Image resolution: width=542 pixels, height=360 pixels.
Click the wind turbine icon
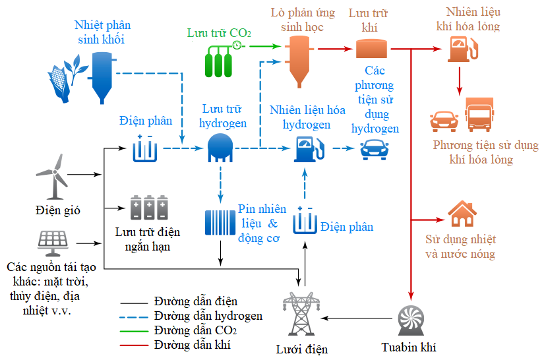tap(53, 176)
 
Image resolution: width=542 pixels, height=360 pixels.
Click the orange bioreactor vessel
tap(299, 61)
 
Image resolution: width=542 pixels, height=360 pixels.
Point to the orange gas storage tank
tap(371, 49)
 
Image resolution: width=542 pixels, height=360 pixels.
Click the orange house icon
tap(462, 214)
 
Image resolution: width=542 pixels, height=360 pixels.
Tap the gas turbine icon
tap(411, 320)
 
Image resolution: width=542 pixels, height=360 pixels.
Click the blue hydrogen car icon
tap(375, 150)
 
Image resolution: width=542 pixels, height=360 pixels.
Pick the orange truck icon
tap(479, 115)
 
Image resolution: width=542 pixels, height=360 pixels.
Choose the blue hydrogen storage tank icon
tap(220, 148)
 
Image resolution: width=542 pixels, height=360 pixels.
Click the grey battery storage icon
tap(149, 208)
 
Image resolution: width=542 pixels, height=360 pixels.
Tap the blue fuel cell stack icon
tap(220, 223)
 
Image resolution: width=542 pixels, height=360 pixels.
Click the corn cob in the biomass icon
tap(59, 84)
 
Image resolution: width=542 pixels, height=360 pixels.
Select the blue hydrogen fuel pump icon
tap(309, 149)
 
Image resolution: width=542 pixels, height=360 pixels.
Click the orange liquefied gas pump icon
tap(463, 49)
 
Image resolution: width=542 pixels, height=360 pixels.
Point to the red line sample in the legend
tap(134, 345)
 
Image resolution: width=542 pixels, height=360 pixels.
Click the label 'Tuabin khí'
tap(409, 347)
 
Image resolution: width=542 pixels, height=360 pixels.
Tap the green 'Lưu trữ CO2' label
tap(219, 33)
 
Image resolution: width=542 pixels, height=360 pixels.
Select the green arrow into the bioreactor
tap(265, 46)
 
